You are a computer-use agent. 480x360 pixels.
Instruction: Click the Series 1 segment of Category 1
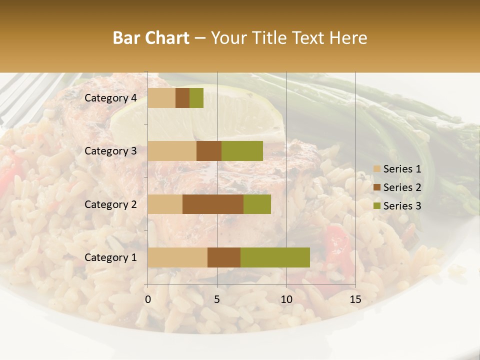point(177,257)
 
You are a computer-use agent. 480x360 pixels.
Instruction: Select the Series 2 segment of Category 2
point(213,204)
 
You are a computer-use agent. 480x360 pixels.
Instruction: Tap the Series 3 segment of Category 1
point(275,257)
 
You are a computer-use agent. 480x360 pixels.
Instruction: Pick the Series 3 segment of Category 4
point(196,98)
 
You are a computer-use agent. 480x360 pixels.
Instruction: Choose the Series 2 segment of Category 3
point(209,151)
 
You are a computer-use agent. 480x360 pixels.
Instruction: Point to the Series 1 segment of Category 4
point(161,98)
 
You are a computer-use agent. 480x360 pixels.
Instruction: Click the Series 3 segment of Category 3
point(242,151)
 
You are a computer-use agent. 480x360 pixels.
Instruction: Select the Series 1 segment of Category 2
point(165,204)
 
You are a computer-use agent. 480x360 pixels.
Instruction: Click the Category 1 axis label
point(110,257)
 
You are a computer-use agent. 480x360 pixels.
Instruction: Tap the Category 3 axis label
point(110,151)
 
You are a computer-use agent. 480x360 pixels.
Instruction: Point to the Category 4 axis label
point(110,98)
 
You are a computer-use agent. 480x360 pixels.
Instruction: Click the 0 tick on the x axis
point(148,299)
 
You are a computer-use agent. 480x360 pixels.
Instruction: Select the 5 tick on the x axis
point(217,299)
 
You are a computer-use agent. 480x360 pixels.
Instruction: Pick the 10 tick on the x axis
point(286,299)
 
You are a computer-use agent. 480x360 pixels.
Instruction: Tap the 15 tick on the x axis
point(355,299)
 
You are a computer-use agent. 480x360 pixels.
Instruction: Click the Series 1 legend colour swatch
point(376,169)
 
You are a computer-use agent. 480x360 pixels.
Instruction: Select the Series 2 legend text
point(402,187)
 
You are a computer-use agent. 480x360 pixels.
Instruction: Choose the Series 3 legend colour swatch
point(376,206)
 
